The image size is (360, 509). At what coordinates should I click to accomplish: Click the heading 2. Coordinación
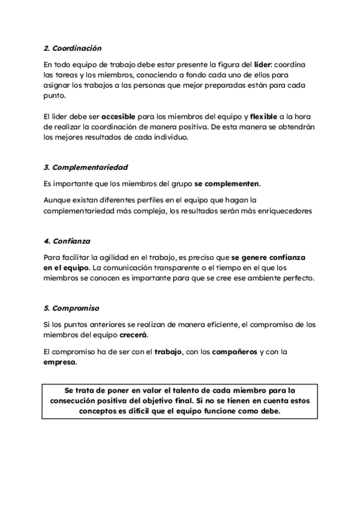click(x=73, y=47)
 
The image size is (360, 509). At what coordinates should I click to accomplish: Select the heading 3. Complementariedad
click(x=86, y=167)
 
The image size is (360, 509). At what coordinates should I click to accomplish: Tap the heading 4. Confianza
click(x=67, y=241)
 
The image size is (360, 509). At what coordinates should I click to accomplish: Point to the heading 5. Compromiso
click(x=71, y=309)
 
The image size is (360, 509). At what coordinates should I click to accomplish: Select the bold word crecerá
click(x=133, y=334)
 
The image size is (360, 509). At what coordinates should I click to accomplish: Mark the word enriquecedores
click(x=279, y=211)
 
